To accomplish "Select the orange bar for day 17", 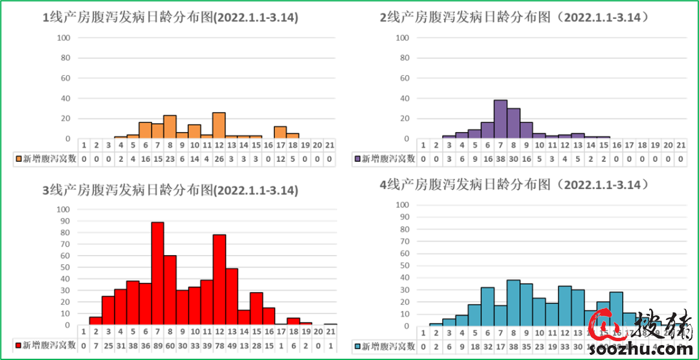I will click(280, 133).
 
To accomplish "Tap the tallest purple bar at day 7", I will click(500, 119).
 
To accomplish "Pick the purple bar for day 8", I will click(513, 124).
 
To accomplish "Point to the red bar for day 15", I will click(256, 309).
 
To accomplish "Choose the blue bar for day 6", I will click(487, 307).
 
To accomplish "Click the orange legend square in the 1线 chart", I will click(19, 158).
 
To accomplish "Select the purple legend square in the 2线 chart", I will click(357, 158).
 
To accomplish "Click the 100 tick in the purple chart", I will click(402, 38).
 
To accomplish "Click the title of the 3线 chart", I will click(170, 190).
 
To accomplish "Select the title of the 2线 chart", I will click(515, 17).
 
